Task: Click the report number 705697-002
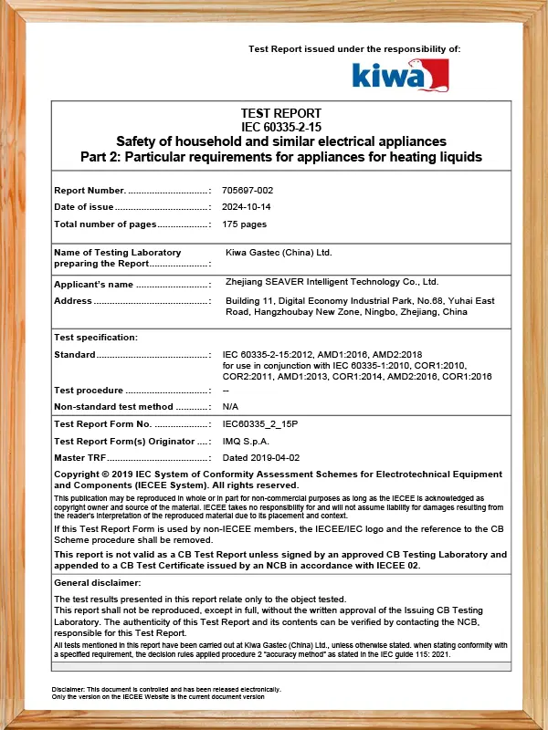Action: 248,190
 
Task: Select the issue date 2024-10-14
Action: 246,207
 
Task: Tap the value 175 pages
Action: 245,224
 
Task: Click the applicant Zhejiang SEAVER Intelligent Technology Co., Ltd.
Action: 332,282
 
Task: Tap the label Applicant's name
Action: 94,285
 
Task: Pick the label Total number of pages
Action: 105,224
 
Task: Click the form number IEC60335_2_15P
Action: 260,424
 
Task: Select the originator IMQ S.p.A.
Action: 244,442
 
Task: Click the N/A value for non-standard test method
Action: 230,406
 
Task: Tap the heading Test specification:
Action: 96,338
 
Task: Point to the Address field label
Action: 73,300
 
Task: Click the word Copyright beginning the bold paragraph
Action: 78,474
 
